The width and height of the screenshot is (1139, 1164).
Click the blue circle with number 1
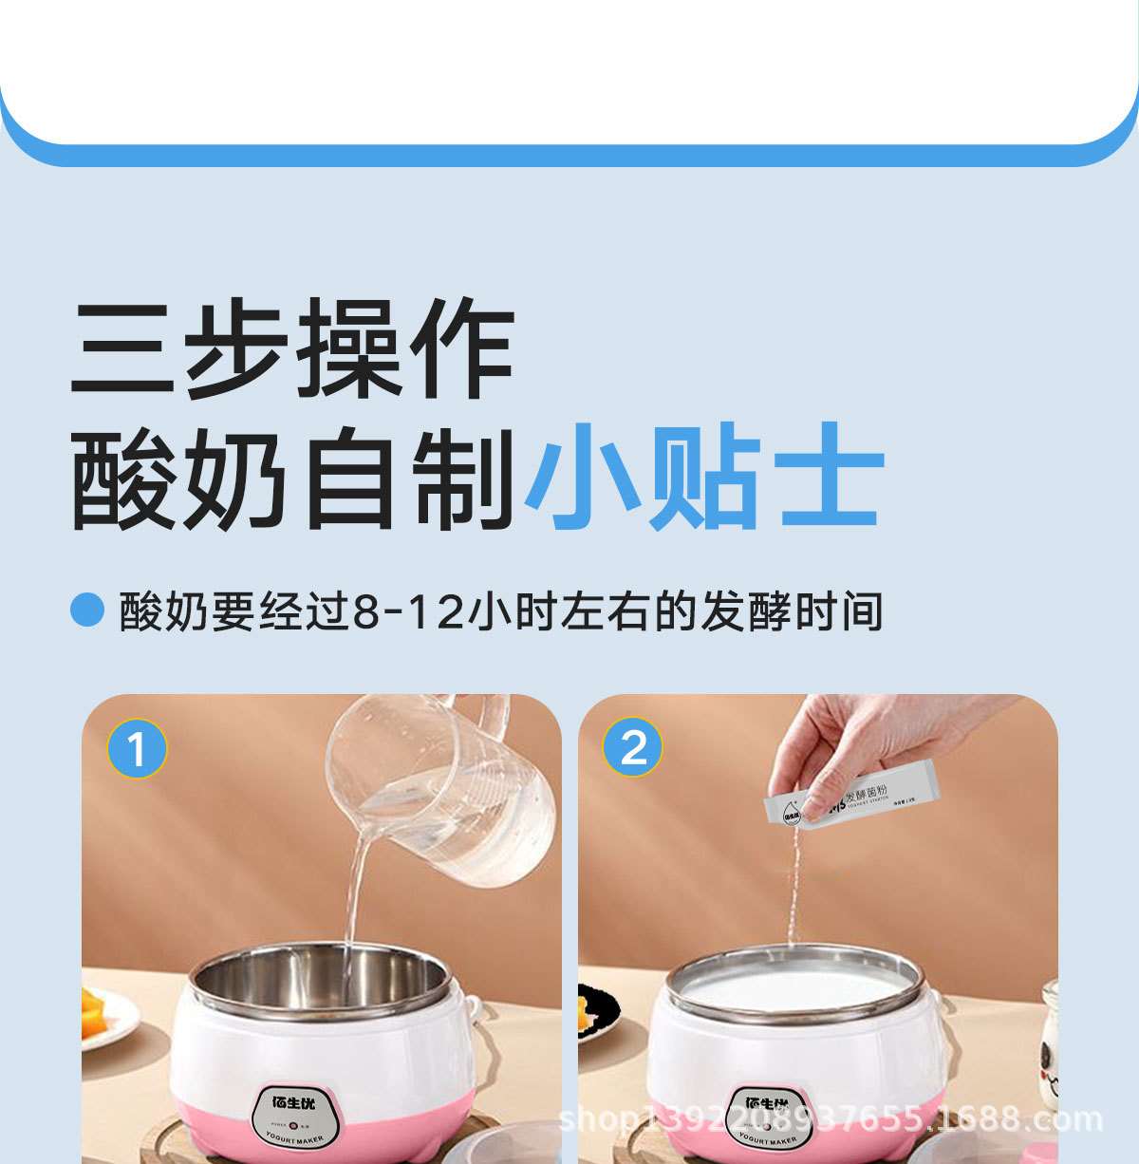coord(137,749)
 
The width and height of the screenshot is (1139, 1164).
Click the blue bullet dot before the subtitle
coord(86,610)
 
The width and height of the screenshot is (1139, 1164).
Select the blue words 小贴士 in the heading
coord(703,477)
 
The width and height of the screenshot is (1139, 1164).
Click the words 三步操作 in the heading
coord(293,347)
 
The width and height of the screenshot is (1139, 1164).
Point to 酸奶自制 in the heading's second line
coord(293,478)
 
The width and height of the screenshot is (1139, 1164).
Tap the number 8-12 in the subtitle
coord(408,611)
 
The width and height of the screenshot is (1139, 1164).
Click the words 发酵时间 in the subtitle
coord(792,611)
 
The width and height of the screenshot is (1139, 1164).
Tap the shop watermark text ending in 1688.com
coord(831,1120)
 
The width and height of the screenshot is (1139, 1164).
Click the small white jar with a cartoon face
coord(1050,1044)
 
